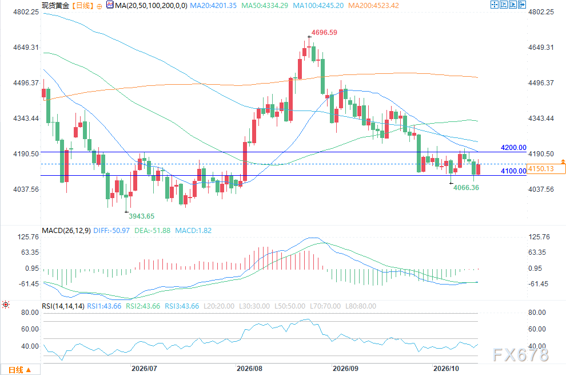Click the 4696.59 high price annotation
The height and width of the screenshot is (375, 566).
click(324, 33)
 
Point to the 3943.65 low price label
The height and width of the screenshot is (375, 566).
click(142, 216)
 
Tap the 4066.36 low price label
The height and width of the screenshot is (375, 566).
click(466, 188)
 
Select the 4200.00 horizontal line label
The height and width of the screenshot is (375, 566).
click(513, 148)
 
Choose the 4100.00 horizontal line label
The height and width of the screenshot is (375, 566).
click(513, 171)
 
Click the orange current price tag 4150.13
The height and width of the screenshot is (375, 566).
click(546, 168)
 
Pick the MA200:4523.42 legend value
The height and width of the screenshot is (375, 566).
click(373, 5)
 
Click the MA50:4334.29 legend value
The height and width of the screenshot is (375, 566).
click(265, 5)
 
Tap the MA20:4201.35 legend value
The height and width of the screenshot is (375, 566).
click(213, 5)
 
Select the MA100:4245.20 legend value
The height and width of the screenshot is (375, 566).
click(318, 5)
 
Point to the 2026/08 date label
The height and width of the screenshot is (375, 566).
click(249, 369)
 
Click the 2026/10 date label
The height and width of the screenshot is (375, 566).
click(446, 369)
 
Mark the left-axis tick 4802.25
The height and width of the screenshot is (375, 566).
click(26, 12)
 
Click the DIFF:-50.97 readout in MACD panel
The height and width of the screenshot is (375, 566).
click(111, 231)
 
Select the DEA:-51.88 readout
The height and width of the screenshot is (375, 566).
click(152, 231)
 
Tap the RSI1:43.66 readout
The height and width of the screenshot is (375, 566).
click(104, 306)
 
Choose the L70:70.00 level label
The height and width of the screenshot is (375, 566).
click(325, 306)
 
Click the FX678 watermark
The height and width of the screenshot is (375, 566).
click(520, 355)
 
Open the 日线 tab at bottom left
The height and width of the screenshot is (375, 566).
click(20, 370)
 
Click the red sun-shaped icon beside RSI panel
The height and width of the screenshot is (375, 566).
click(6, 305)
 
